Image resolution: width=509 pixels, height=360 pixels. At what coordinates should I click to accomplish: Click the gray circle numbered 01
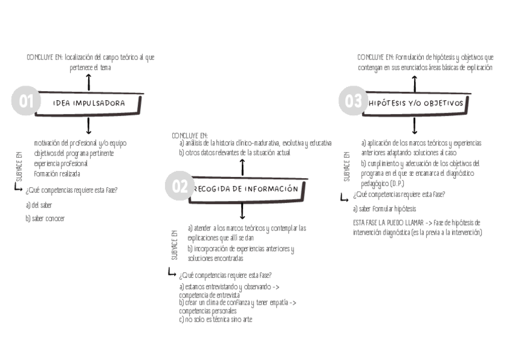[25, 101]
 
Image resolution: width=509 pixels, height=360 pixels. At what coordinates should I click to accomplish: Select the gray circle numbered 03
[352, 101]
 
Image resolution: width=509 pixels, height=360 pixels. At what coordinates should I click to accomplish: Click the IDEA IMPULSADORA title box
[89, 103]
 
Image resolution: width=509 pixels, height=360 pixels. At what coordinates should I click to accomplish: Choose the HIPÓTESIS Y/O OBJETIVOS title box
[416, 103]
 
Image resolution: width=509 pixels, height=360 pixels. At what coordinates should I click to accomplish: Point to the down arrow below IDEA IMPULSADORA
[89, 125]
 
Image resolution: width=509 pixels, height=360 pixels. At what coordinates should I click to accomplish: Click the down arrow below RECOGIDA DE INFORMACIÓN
[242, 211]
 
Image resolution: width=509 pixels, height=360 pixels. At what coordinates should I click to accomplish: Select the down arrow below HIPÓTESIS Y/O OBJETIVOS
[415, 125]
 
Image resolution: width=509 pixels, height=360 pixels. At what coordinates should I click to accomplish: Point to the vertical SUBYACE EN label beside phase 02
[175, 244]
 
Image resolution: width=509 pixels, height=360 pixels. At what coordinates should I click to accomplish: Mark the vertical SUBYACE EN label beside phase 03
[346, 166]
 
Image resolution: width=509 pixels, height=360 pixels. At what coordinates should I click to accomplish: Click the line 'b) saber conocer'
[45, 218]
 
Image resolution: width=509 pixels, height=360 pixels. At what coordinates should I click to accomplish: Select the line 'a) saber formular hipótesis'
[384, 209]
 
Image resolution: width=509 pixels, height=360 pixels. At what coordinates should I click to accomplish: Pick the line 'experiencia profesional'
[61, 163]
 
